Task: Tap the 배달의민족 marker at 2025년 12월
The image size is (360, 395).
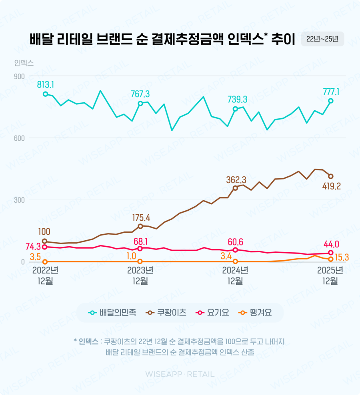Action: (x=331, y=101)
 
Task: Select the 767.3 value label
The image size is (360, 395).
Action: (x=140, y=94)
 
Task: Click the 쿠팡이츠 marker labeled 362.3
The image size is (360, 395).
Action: (x=235, y=188)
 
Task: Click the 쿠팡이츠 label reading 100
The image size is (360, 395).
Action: (x=44, y=231)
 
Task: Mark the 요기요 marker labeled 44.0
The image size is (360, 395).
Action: (x=331, y=253)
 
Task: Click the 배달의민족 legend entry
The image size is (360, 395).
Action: (x=113, y=313)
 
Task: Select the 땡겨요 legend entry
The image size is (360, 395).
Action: (x=255, y=313)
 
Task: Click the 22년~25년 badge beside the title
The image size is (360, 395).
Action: (x=322, y=39)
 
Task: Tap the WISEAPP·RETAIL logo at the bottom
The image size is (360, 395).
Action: (x=180, y=374)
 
